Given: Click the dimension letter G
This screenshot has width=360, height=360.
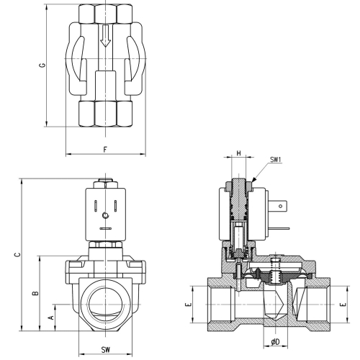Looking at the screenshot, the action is tap(42, 66).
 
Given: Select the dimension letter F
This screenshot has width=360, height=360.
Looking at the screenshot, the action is tap(105, 150).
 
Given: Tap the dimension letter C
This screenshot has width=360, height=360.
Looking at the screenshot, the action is tap(17, 255).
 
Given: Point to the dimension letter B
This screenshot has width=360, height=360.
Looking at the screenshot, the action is tap(35, 293).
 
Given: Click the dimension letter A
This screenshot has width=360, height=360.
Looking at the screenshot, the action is tap(51, 318).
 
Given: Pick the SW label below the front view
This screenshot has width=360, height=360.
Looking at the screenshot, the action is tap(105, 350).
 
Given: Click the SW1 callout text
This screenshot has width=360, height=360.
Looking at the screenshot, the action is tap(276, 160).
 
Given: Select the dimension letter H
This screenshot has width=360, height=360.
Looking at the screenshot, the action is tap(238, 153).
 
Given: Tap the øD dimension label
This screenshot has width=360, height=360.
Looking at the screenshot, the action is tap(276, 342).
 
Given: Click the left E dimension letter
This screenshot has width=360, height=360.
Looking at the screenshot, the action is tap(189, 305).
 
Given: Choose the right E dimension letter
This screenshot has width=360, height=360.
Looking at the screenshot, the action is tap(343, 305).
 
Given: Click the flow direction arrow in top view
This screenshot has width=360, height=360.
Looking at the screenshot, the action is tap(105, 35).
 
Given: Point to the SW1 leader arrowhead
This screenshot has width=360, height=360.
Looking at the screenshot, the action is tap(254, 179).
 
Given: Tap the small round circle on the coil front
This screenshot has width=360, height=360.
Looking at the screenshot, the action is tap(105, 215).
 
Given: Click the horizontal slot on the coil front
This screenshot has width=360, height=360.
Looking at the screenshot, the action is tap(105, 228).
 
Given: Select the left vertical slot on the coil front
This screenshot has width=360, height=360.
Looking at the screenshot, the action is tap(96, 206).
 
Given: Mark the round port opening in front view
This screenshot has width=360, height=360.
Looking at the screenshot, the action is tap(106, 305).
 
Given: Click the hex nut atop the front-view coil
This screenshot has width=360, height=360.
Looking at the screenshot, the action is tap(105, 184).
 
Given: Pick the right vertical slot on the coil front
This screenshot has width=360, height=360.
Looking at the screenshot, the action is tap(115, 206).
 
